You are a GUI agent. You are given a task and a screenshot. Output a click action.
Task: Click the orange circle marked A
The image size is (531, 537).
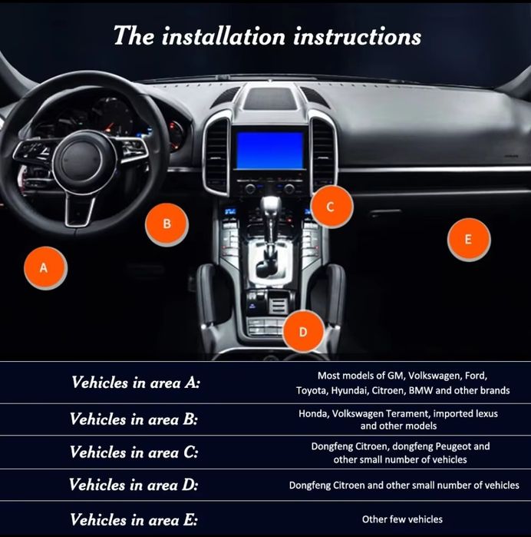44,267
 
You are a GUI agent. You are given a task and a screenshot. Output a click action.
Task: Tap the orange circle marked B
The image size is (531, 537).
167,224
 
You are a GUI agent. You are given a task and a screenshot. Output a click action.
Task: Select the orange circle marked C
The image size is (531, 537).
331,207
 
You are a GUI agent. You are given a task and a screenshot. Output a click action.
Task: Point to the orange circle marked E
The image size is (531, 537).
468,239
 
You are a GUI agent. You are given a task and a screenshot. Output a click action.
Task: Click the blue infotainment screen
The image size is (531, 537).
269,151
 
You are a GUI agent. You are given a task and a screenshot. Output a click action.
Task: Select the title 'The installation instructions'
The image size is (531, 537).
267,35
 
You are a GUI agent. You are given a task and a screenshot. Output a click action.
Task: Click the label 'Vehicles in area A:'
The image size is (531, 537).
135,383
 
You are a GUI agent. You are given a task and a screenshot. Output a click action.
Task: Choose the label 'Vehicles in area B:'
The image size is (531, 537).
134,419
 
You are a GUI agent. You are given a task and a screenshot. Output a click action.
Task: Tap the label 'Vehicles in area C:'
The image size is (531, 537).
134,452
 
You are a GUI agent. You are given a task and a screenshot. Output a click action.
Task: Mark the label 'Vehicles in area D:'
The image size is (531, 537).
134,486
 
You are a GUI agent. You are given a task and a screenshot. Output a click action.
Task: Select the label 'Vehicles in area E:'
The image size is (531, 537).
134,519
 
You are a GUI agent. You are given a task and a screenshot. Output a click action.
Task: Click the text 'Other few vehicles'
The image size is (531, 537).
402,519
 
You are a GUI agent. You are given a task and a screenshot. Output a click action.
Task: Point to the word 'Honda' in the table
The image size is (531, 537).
312,413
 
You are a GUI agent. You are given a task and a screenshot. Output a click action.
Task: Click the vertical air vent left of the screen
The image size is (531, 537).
217,153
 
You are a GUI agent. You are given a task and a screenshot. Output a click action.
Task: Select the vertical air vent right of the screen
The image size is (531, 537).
322,153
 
